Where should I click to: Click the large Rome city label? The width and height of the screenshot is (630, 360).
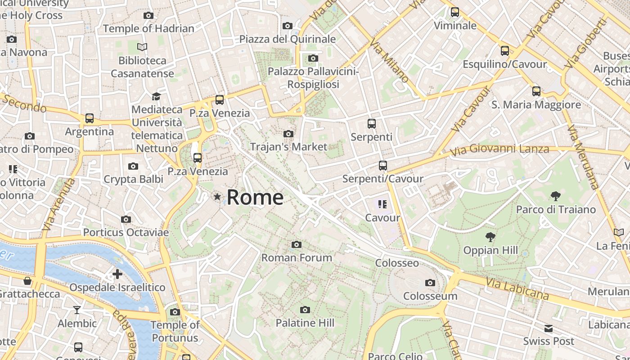(255, 198)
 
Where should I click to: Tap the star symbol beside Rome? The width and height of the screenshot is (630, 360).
(217, 196)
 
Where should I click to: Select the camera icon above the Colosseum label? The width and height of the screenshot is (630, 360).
(430, 283)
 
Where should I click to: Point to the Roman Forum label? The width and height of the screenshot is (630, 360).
(297, 257)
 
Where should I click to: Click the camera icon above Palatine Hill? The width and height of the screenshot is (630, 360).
(305, 310)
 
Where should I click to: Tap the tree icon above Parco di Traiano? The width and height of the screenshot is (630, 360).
(555, 196)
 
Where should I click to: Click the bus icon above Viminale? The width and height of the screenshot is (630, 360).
(455, 12)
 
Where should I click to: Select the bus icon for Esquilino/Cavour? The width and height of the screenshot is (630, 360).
(505, 51)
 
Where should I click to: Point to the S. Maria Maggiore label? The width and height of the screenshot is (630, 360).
(536, 105)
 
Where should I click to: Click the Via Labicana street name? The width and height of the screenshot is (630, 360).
(517, 288)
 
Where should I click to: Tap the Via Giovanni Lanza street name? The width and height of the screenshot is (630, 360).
(499, 149)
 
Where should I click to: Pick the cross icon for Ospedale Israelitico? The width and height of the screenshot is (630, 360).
(117, 274)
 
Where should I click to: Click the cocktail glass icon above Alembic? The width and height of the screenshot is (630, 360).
(77, 310)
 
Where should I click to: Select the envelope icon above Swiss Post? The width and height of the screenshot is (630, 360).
(549, 328)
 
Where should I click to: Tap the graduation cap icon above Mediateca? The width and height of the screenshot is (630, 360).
(156, 96)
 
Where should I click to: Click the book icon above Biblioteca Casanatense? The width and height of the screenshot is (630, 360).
(142, 47)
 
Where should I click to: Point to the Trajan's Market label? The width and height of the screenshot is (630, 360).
(288, 147)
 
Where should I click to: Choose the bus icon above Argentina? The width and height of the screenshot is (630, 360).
(90, 118)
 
